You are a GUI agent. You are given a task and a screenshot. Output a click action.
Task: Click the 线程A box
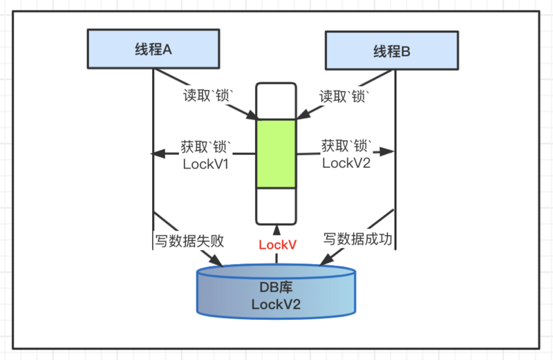tap(153, 49)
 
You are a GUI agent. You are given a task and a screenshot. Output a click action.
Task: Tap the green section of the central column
tap(276, 153)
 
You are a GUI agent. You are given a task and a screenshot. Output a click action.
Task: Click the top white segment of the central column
tap(276, 100)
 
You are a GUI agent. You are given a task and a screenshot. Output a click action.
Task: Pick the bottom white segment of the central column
tap(276, 205)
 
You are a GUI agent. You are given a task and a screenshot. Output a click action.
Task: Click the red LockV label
tap(277, 245)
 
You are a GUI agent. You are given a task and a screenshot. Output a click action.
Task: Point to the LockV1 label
tap(205, 164)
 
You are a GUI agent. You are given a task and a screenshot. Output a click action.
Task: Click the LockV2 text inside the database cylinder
tap(276, 305)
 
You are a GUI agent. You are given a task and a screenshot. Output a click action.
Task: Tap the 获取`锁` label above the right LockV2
tap(347, 146)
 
